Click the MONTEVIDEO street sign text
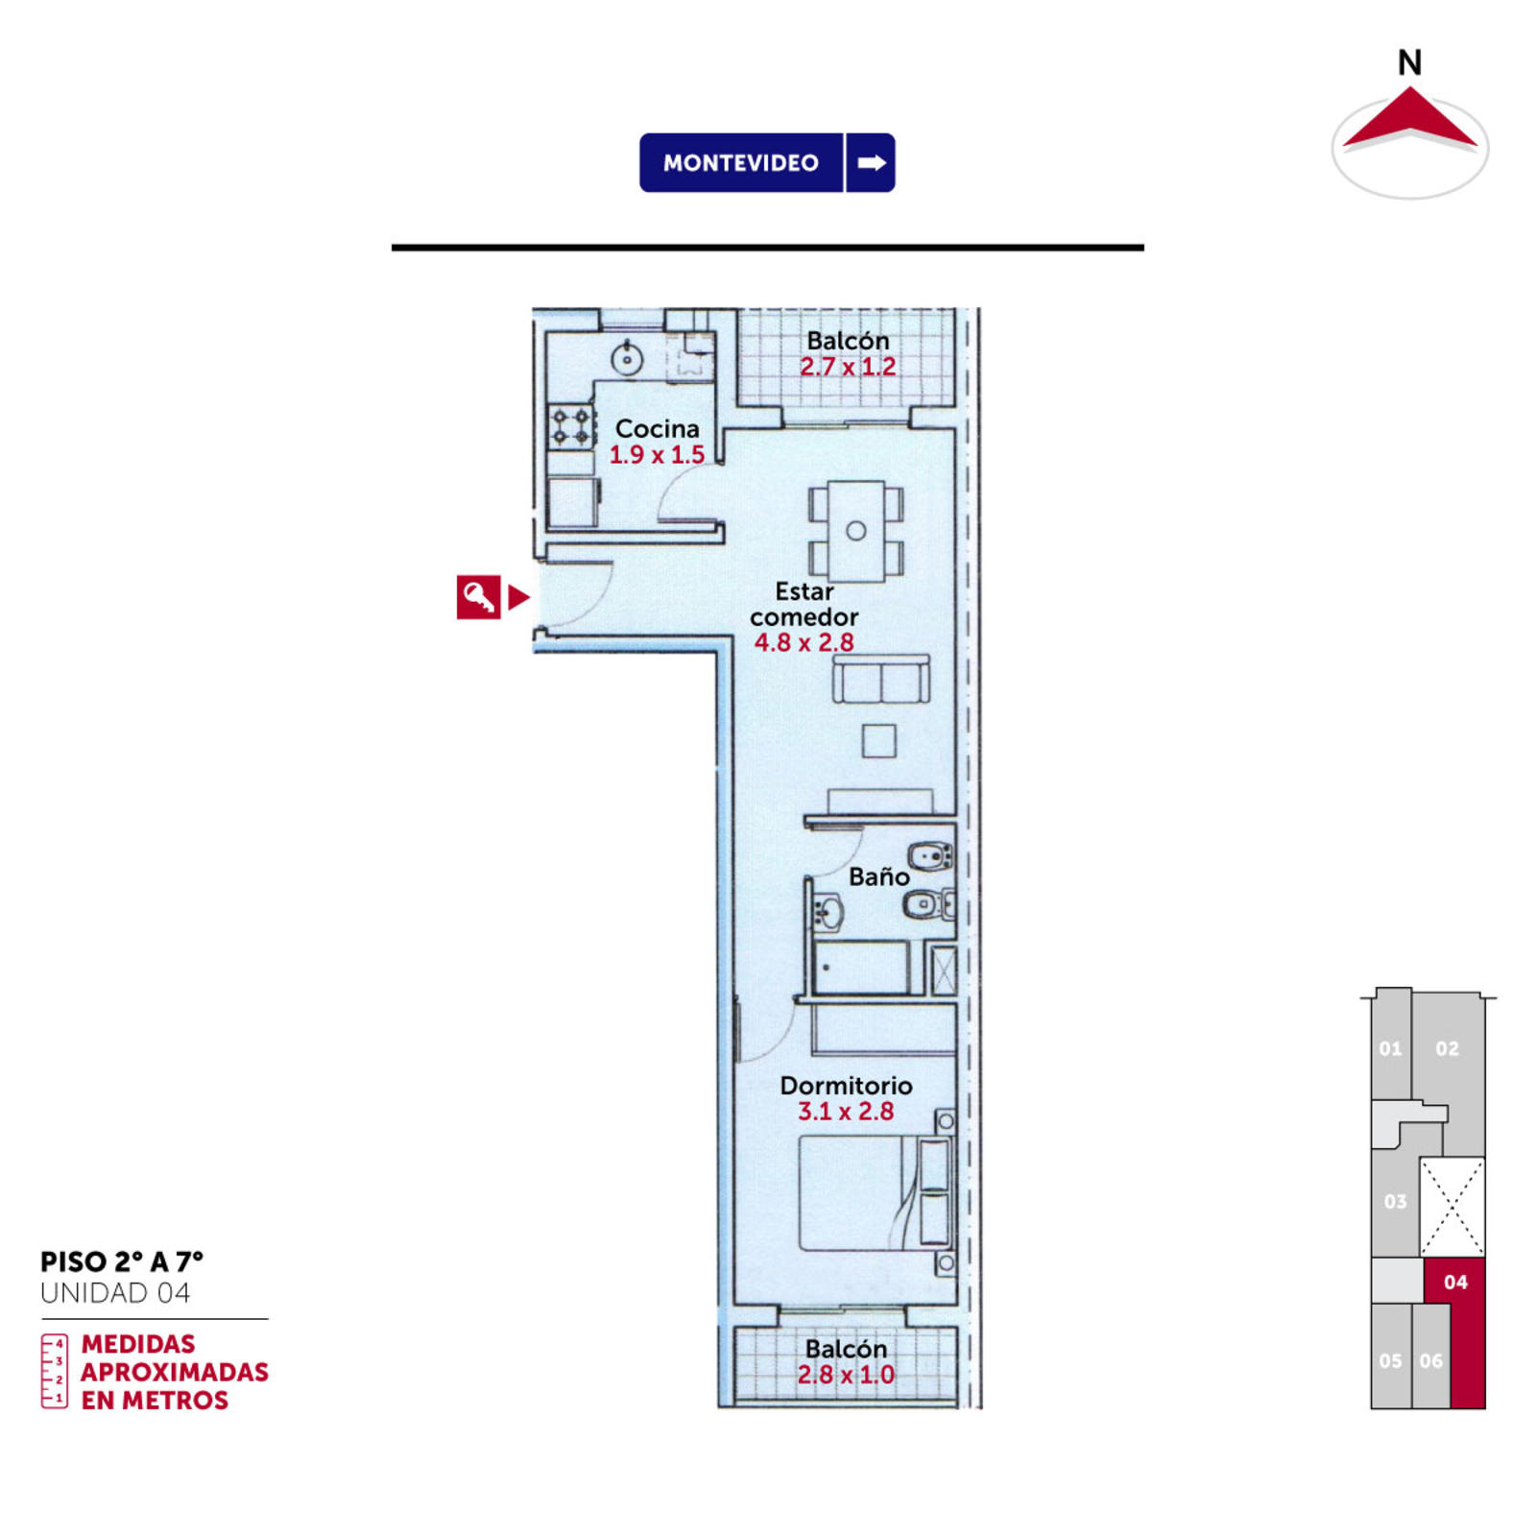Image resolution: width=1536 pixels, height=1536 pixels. click(740, 163)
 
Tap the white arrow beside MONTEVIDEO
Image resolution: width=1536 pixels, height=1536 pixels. click(872, 163)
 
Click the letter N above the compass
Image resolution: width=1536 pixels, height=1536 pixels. click(1409, 63)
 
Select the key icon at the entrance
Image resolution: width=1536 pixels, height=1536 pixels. click(478, 597)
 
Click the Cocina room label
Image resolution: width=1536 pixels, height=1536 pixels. click(658, 428)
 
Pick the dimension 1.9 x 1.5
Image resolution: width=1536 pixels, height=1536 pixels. click(658, 454)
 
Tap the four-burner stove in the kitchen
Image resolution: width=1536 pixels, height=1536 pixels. click(570, 426)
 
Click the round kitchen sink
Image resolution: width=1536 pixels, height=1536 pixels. click(627, 359)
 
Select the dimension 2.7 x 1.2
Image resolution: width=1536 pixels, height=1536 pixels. click(848, 367)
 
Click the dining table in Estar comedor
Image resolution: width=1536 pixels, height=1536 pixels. click(856, 531)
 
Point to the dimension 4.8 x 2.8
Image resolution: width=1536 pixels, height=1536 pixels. click(804, 642)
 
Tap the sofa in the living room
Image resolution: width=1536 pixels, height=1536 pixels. click(880, 680)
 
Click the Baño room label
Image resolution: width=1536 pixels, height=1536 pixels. click(878, 876)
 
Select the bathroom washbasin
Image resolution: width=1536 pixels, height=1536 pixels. click(828, 912)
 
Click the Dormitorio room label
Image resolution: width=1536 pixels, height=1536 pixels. click(846, 1086)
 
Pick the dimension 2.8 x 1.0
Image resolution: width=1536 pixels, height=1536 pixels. click(846, 1375)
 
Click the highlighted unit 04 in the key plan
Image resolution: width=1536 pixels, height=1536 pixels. click(1455, 1283)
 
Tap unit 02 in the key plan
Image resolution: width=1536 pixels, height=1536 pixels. click(1448, 1049)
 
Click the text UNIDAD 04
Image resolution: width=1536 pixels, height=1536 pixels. click(115, 1293)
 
